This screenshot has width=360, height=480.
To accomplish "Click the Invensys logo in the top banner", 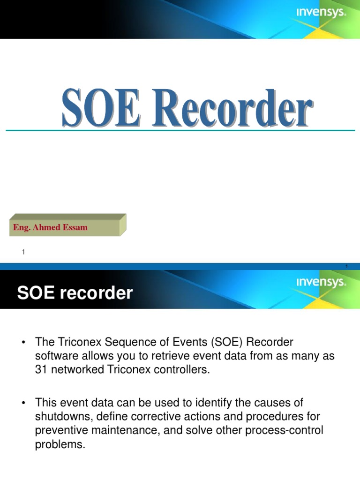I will pyautogui.click(x=321, y=13).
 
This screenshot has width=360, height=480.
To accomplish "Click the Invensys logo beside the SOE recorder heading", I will pyautogui.click(x=321, y=282).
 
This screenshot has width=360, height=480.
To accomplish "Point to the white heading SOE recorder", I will pyautogui.click(x=75, y=293).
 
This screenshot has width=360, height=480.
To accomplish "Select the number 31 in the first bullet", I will pyautogui.click(x=42, y=369).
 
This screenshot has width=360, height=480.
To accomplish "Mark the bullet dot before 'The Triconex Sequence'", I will pyautogui.click(x=22, y=343).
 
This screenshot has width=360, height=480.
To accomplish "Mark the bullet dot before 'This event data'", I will pyautogui.click(x=22, y=403).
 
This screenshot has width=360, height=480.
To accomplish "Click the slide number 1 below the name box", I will pyautogui.click(x=23, y=253).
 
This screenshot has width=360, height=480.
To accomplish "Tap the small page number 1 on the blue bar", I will pyautogui.click(x=346, y=267).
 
